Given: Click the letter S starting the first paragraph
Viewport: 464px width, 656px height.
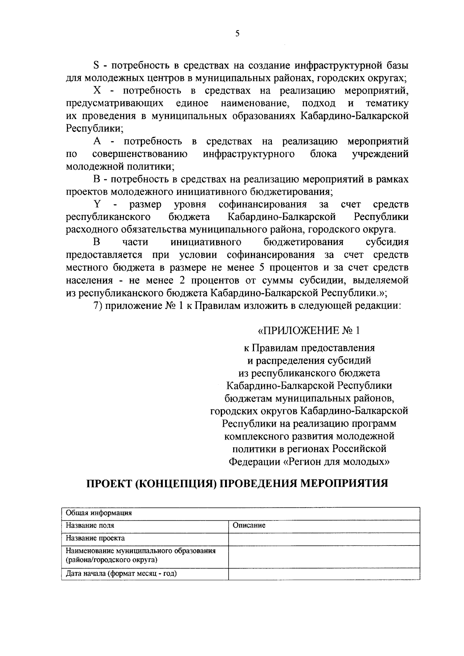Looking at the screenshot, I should tap(96, 65).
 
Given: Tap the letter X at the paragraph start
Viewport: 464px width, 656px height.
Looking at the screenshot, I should tap(97, 91).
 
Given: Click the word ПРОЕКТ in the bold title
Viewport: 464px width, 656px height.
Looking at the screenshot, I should tap(107, 484).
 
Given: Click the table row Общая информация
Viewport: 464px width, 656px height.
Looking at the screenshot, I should tap(99, 513).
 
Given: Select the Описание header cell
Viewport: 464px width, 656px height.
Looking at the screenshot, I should tap(249, 526).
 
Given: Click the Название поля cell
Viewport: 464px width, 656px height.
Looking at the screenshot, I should tap(90, 526).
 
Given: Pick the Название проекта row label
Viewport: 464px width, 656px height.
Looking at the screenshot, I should tap(95, 538).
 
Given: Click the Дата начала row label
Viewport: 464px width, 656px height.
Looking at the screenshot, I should tap(121, 574).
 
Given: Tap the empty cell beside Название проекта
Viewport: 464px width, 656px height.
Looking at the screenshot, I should tap(324, 539).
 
